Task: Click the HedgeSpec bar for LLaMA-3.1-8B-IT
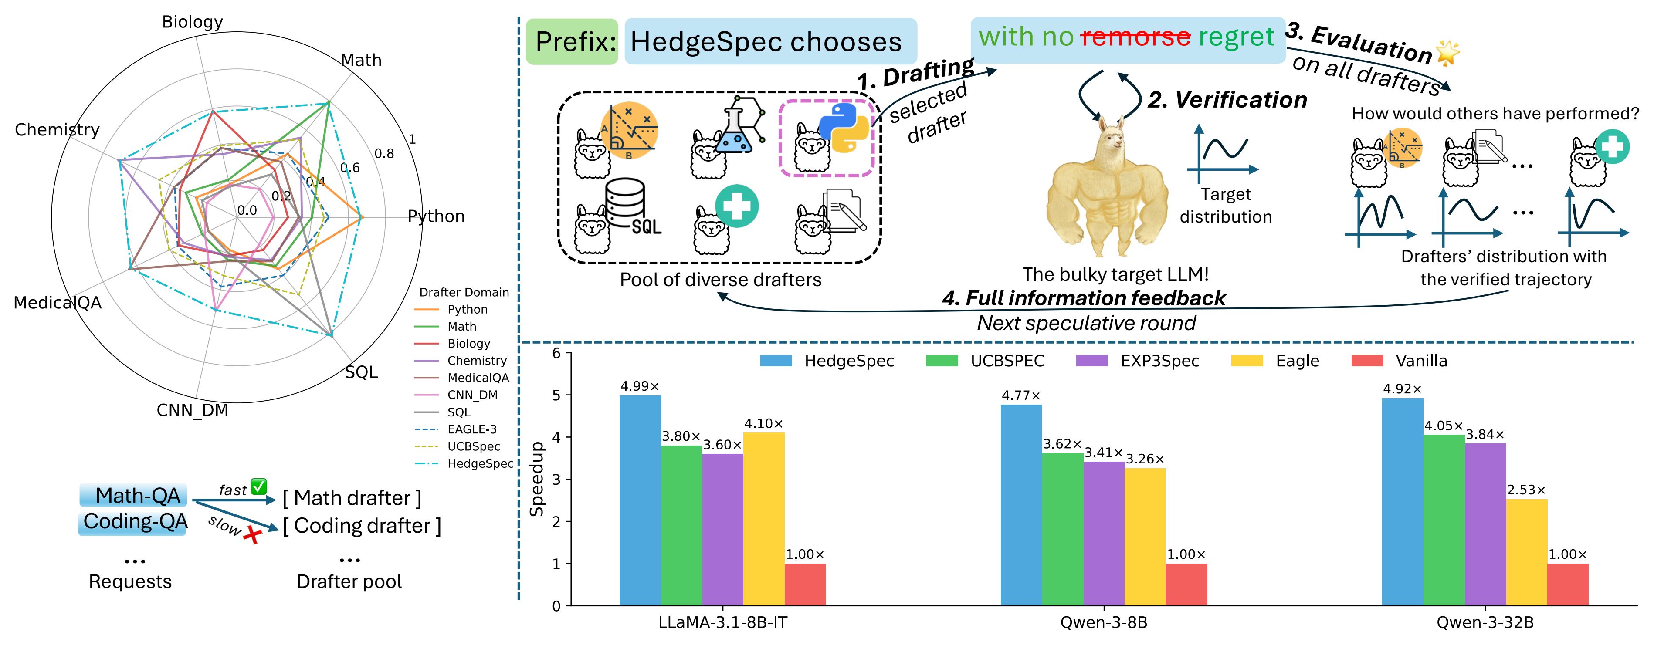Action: tap(640, 501)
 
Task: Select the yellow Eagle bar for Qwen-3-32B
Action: tap(1526, 552)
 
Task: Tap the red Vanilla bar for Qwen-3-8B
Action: tap(1186, 584)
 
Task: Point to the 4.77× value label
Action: tap(1021, 395)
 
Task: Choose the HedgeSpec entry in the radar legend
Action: tap(480, 463)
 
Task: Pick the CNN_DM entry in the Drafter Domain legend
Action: tap(472, 395)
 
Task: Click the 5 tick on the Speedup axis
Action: tap(556, 395)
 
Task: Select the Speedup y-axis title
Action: tap(537, 479)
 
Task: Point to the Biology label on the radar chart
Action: tap(192, 22)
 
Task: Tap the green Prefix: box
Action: tap(572, 42)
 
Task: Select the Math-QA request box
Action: tap(137, 496)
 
